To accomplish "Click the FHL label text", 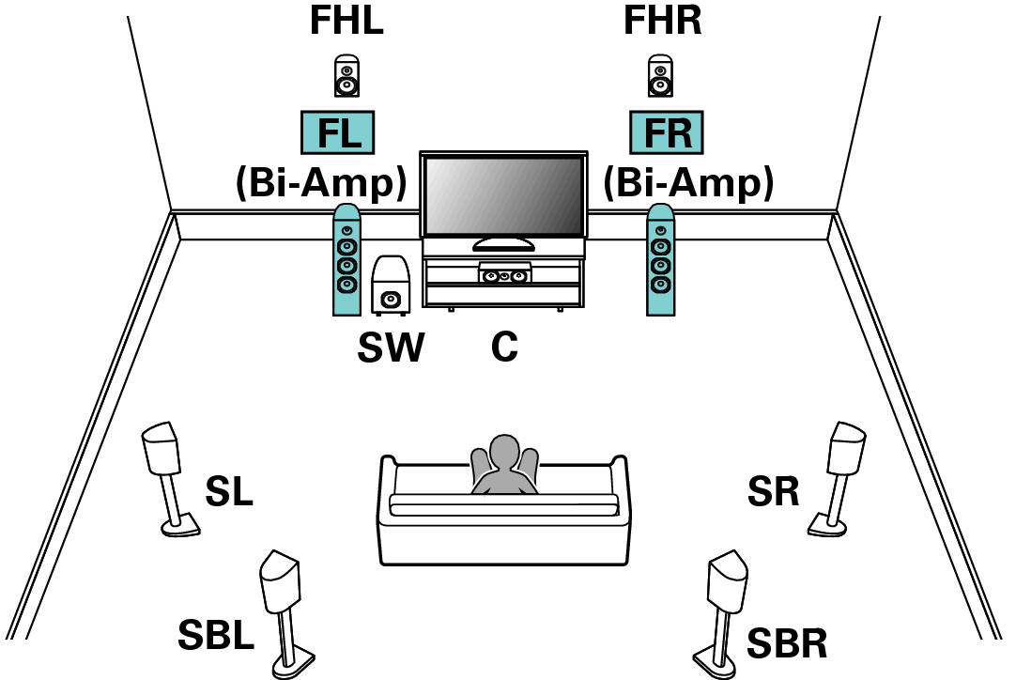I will (x=346, y=22).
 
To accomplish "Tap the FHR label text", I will (x=662, y=22).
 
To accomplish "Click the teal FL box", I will (x=338, y=132).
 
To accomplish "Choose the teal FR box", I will (x=666, y=132).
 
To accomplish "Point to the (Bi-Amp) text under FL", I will (x=320, y=183).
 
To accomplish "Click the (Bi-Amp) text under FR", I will (x=687, y=183).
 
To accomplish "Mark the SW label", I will (x=391, y=348).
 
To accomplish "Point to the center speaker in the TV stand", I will (x=504, y=275).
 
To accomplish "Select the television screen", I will (x=503, y=196).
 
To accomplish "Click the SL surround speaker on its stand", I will (x=164, y=470).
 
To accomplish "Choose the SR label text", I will (x=774, y=491).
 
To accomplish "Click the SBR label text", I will (x=787, y=644).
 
